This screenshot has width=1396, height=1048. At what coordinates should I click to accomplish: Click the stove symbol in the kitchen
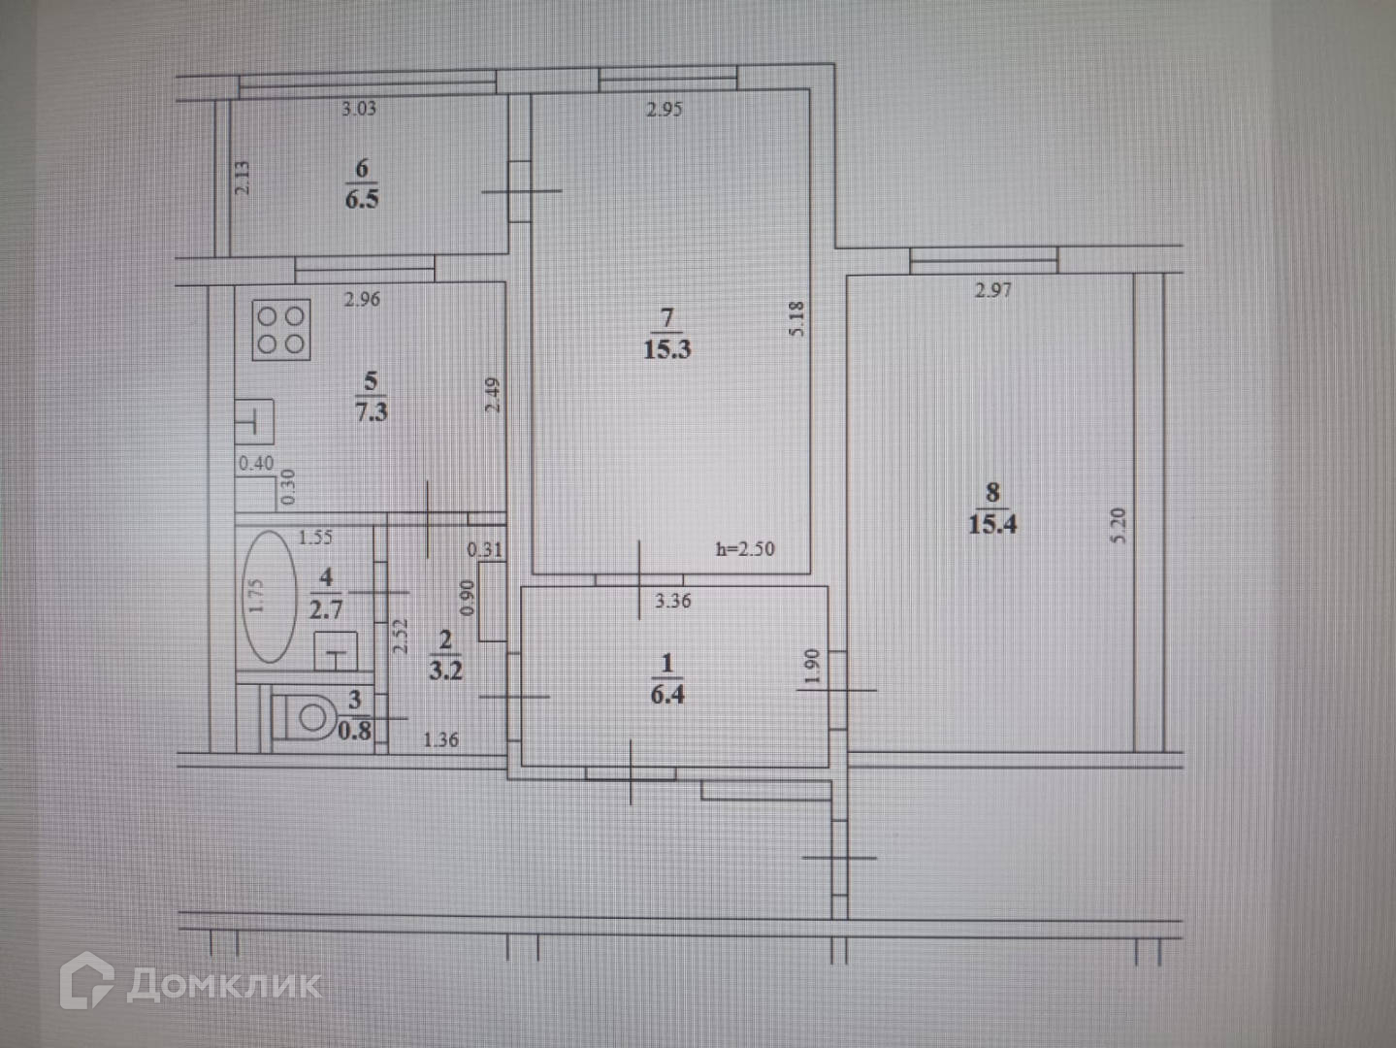(281, 330)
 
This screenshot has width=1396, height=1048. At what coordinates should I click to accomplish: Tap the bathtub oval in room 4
(269, 597)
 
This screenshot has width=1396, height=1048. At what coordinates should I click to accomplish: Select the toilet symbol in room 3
(308, 718)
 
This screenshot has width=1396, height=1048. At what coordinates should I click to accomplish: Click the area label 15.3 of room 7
(667, 349)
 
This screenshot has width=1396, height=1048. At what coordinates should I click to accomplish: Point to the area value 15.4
(992, 524)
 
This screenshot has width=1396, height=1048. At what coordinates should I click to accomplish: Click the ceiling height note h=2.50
(745, 549)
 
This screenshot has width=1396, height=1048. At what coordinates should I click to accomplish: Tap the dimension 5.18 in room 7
(797, 318)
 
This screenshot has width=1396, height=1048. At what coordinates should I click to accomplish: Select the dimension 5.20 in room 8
(1118, 525)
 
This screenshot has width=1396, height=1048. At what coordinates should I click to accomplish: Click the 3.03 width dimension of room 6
(359, 109)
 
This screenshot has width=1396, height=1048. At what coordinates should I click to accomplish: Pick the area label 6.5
(362, 199)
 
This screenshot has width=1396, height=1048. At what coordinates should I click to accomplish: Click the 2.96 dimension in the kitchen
(362, 300)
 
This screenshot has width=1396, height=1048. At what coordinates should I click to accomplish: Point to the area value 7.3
(372, 411)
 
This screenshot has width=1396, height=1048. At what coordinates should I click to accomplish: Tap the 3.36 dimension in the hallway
(673, 601)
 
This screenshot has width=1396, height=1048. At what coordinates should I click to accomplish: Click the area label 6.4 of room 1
(667, 694)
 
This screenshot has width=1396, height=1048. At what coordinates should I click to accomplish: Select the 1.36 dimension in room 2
(440, 739)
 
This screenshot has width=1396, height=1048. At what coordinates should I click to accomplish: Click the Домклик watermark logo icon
(86, 981)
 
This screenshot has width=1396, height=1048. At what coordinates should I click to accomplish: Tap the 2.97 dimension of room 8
(993, 289)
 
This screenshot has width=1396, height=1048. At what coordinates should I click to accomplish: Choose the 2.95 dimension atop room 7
(665, 110)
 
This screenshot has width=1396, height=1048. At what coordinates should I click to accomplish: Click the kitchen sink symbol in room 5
(254, 423)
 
